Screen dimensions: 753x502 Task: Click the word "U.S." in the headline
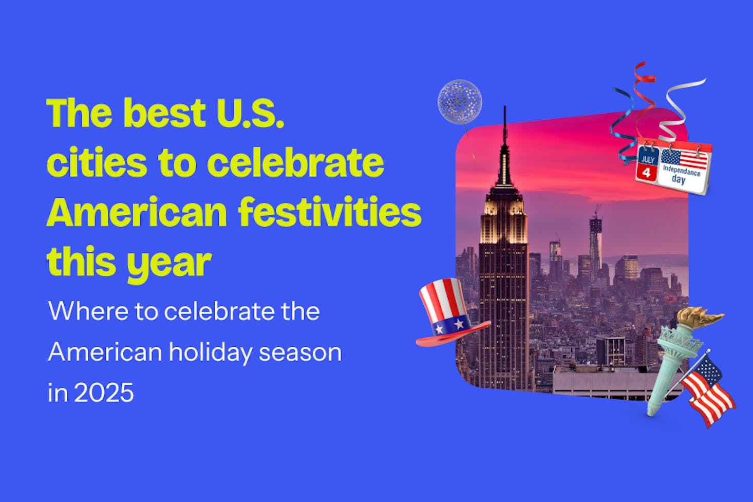tap(250, 113)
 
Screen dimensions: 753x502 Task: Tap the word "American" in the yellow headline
tap(137, 213)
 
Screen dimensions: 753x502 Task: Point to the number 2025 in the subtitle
tap(104, 392)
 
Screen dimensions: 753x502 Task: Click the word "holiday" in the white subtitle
tap(211, 352)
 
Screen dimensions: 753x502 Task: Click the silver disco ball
tap(460, 102)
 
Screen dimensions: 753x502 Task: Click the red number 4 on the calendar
tap(646, 173)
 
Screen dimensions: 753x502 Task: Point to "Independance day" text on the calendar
tap(682, 174)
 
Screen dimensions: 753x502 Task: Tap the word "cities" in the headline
tap(97, 162)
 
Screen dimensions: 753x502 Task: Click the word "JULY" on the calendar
tap(647, 159)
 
